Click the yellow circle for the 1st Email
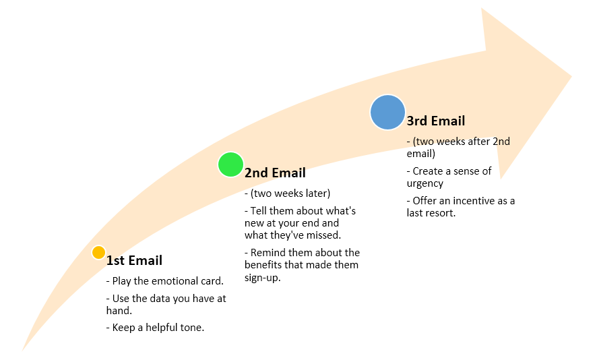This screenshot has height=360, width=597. click(98, 253)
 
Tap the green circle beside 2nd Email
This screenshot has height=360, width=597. click(230, 164)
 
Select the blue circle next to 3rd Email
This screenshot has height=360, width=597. click(387, 113)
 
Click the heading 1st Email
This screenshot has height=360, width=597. click(134, 261)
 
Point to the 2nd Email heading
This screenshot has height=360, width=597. click(275, 173)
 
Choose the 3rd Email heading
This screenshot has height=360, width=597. click(436, 121)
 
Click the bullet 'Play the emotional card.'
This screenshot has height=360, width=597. click(165, 281)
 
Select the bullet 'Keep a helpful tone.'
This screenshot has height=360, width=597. click(156, 328)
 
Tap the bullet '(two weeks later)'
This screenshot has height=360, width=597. click(288, 193)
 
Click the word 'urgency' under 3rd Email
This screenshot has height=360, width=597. click(425, 184)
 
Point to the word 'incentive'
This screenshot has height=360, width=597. click(474, 201)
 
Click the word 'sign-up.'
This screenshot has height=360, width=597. click(263, 278)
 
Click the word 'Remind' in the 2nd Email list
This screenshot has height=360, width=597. click(268, 253)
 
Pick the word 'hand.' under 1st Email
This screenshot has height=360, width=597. click(119, 311)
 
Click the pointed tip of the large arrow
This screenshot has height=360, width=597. click(571, 76)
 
